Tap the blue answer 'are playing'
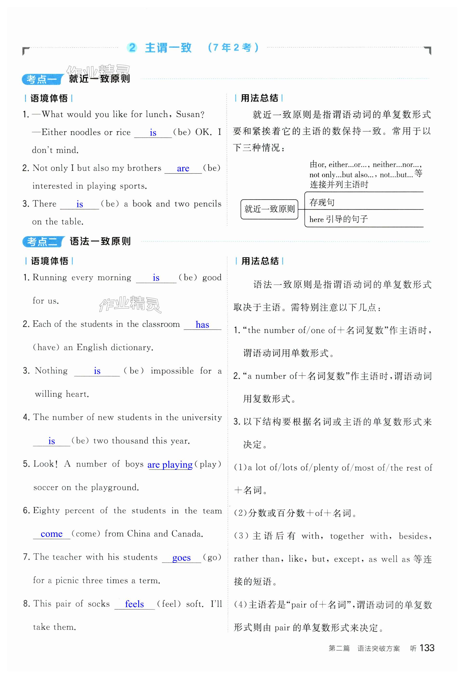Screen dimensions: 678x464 coord(170,465)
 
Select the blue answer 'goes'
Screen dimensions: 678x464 coord(181,558)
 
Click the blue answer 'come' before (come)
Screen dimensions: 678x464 coord(51,534)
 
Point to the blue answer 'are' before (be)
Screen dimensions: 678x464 coord(183,168)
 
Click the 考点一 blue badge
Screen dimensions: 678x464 coord(42,79)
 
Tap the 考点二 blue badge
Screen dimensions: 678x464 coord(43,242)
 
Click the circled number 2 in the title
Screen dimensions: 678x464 coord(132,47)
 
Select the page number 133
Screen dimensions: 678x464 coord(427,648)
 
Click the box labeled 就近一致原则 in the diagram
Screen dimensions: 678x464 coord(269,209)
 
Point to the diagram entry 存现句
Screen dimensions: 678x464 coord(322,202)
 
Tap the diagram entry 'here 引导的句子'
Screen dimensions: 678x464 coord(338,219)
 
